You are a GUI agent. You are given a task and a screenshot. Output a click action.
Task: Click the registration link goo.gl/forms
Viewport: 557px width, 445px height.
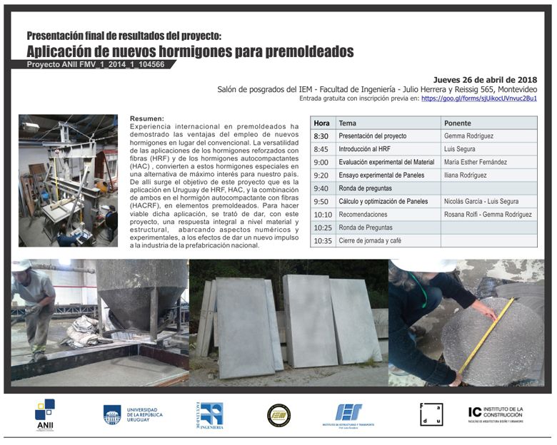coord(478,98)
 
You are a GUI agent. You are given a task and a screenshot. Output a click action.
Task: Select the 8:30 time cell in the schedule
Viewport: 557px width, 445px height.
coord(321,136)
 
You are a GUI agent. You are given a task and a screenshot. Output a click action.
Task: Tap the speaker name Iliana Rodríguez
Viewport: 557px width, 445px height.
coord(469,175)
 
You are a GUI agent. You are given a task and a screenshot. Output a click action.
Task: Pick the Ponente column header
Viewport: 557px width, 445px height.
coord(458,123)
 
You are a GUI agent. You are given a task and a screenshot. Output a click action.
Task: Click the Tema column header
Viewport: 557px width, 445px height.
coord(347,123)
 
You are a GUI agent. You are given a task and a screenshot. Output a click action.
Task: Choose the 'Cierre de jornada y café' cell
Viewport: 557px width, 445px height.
coord(370,240)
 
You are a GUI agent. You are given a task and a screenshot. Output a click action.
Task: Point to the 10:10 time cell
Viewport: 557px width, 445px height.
coord(323,214)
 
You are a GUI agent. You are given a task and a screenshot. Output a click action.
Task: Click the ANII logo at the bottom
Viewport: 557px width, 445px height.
coord(45,414)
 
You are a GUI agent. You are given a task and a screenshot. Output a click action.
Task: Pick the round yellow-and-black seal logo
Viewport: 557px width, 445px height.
coord(278,415)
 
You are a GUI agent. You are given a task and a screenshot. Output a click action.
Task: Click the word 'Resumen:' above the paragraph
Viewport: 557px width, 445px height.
coord(146,118)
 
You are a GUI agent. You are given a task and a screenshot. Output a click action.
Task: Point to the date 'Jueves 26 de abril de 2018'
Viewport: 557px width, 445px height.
coord(485,79)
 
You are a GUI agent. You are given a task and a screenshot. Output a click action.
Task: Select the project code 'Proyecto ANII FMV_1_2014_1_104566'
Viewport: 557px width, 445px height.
coord(96,64)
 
